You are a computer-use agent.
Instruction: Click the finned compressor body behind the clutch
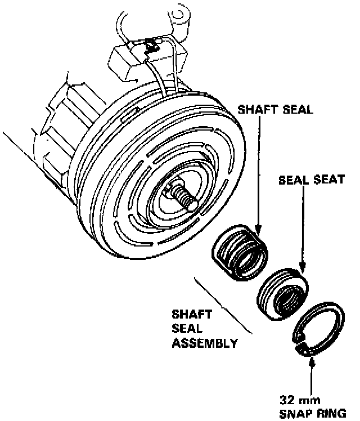(x=62, y=124)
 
